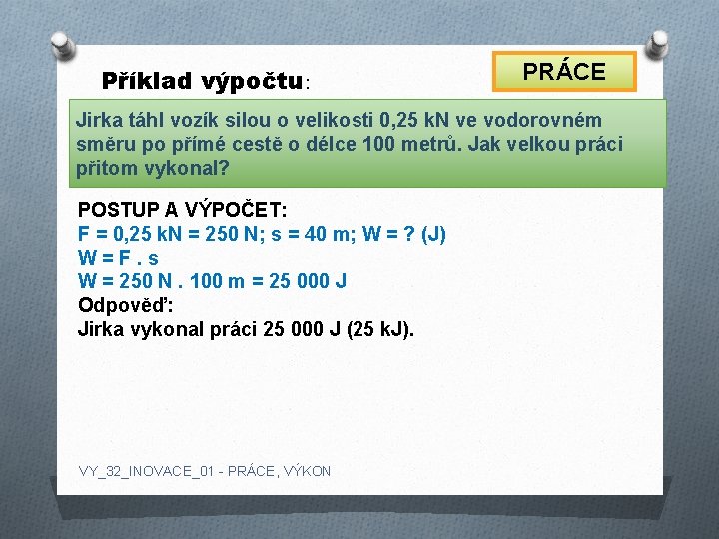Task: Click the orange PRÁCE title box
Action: (565, 72)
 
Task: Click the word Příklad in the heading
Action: (147, 80)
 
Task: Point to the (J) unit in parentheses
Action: (433, 235)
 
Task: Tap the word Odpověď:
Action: (125, 305)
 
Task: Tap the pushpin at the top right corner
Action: (658, 42)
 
